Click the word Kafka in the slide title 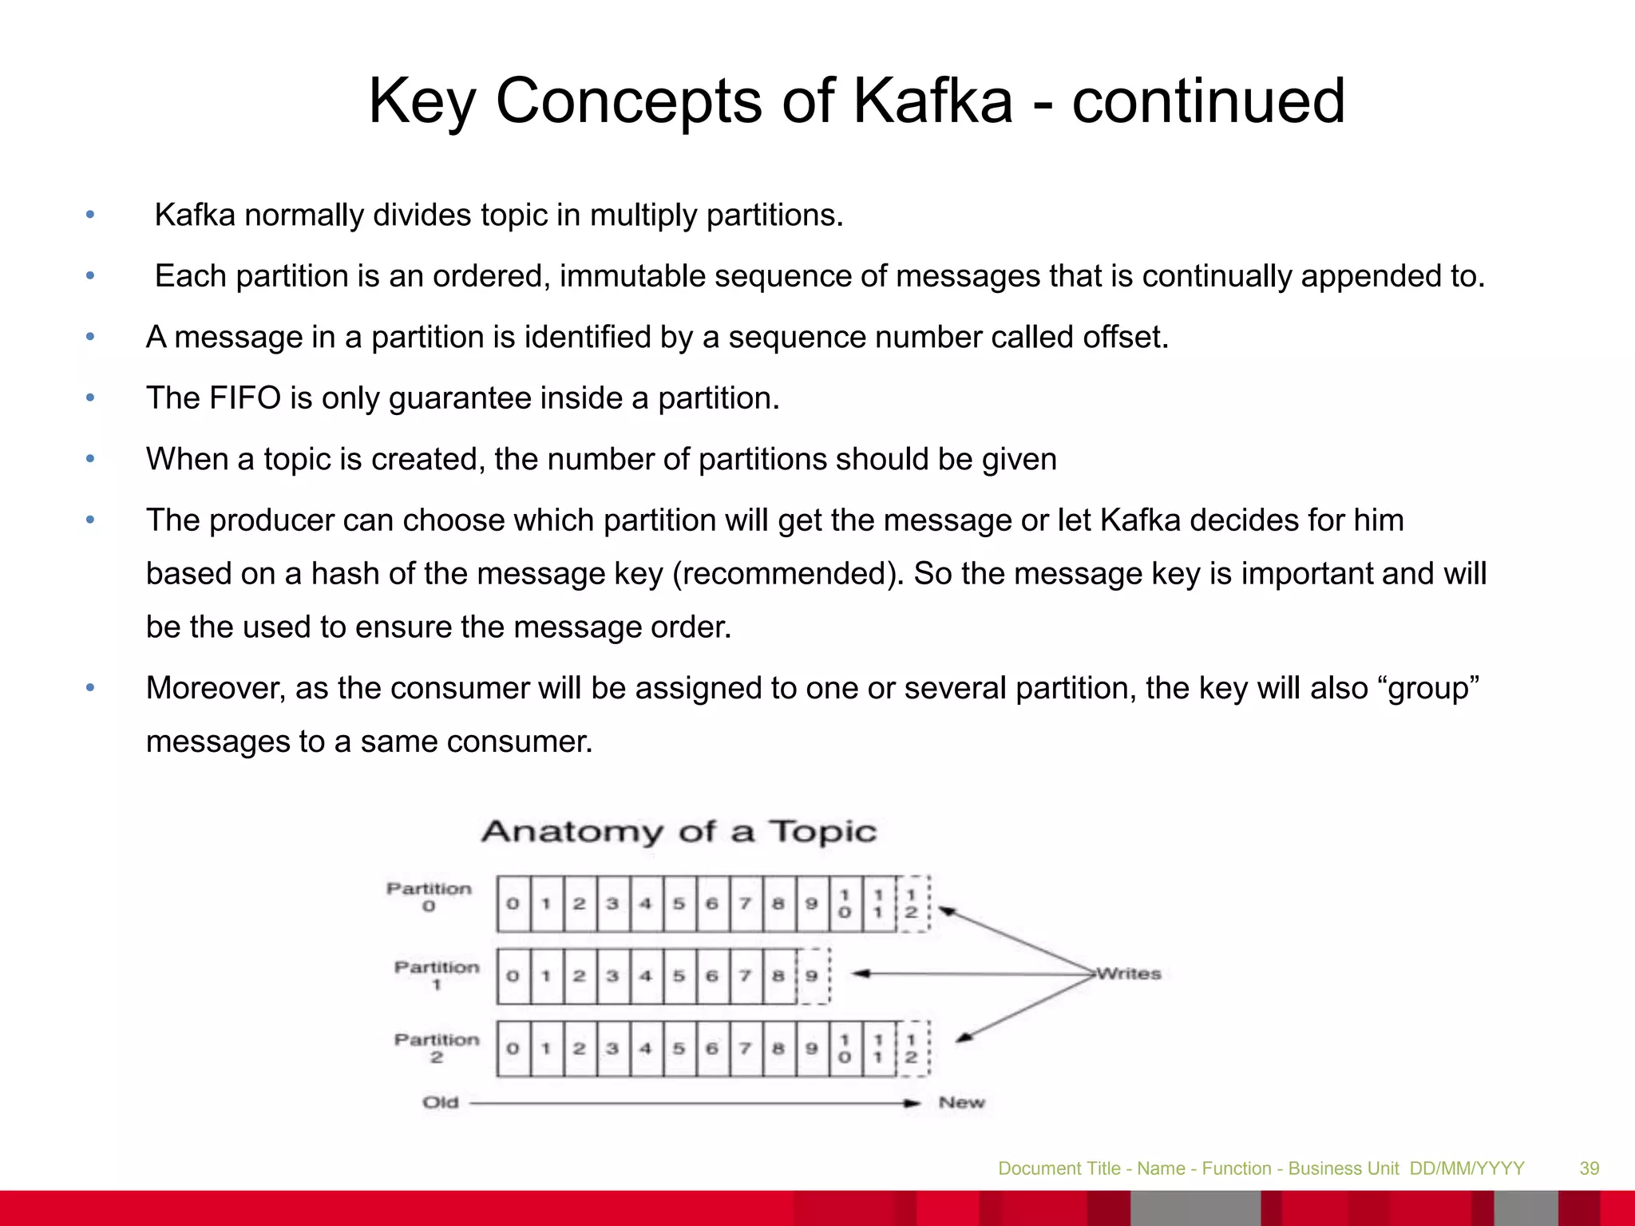pyautogui.click(x=932, y=101)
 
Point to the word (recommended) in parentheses pyautogui.click(x=787, y=574)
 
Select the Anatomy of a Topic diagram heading pyautogui.click(x=679, y=832)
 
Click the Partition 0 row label pyautogui.click(x=429, y=896)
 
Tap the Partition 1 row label pyautogui.click(x=437, y=975)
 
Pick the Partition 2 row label pyautogui.click(x=437, y=1047)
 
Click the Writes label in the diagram pyautogui.click(x=1128, y=974)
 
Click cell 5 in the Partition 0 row pyautogui.click(x=679, y=904)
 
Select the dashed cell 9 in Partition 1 pyautogui.click(x=812, y=975)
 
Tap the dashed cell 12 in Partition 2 pyautogui.click(x=912, y=1048)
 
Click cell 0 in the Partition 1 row pyautogui.click(x=513, y=975)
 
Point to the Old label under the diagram pyautogui.click(x=441, y=1102)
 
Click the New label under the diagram pyautogui.click(x=961, y=1102)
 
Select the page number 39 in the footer pyautogui.click(x=1589, y=1169)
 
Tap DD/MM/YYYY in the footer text pyautogui.click(x=1467, y=1169)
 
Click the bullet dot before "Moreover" pyautogui.click(x=90, y=687)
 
